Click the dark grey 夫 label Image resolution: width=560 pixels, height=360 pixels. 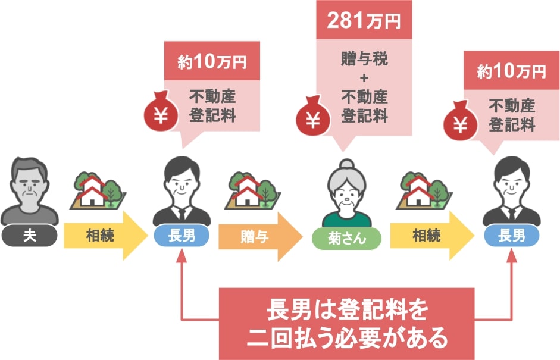tap(29, 236)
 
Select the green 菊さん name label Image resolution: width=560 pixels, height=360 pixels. tap(346, 238)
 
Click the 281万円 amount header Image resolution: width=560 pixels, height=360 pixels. tap(364, 20)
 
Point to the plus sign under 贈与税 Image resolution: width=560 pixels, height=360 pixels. tap(364, 77)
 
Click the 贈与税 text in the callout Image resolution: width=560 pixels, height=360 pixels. tap(364, 58)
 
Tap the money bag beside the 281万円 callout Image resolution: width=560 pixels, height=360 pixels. tap(313, 116)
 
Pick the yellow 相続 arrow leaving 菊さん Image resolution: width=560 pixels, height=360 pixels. tap(432, 236)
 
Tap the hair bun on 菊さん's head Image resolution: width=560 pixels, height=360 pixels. tap(347, 164)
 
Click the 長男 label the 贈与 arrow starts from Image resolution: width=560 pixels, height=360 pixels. tap(182, 236)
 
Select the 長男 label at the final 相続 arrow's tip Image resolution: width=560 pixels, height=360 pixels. tap(511, 236)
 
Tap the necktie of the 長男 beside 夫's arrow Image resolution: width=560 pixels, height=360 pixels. tap(182, 214)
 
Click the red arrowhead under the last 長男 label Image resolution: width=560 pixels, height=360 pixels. tap(512, 256)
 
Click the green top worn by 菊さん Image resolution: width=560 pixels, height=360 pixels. tap(346, 219)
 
